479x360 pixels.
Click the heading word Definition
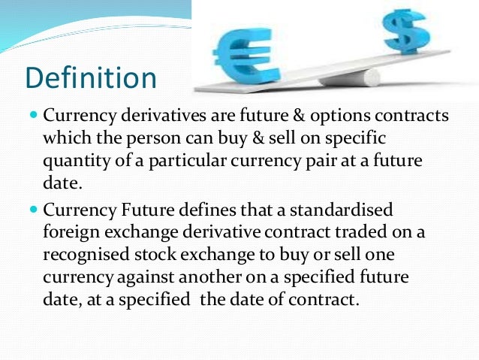[x=91, y=78]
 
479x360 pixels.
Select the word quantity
[x=75, y=162]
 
